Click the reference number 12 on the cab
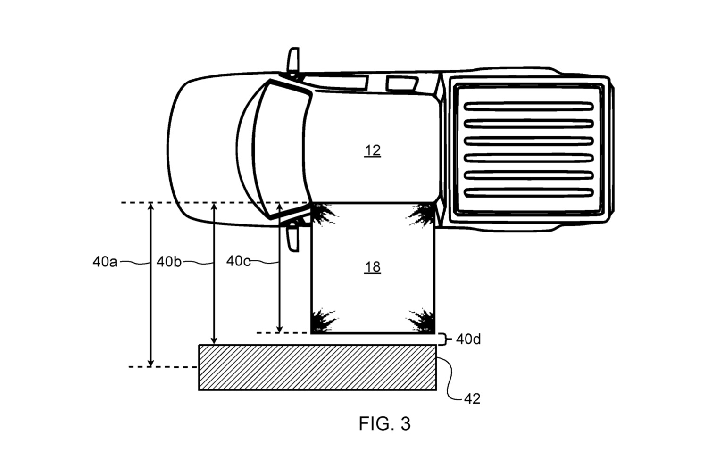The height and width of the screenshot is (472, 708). point(372,151)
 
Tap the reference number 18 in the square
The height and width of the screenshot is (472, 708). point(372,267)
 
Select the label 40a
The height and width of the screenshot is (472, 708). point(105,261)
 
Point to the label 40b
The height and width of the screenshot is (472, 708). point(169,261)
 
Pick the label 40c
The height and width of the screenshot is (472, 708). point(238,261)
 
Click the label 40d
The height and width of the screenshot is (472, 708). point(468,340)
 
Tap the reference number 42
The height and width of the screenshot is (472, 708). point(472,399)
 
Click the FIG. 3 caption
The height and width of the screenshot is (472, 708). point(384,423)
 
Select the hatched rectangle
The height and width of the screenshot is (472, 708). point(317,367)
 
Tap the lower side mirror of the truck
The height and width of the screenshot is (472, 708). point(293,238)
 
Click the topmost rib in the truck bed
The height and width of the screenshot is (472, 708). point(528,106)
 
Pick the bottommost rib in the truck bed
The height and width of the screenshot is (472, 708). point(528,193)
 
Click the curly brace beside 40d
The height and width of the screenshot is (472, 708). point(443,339)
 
